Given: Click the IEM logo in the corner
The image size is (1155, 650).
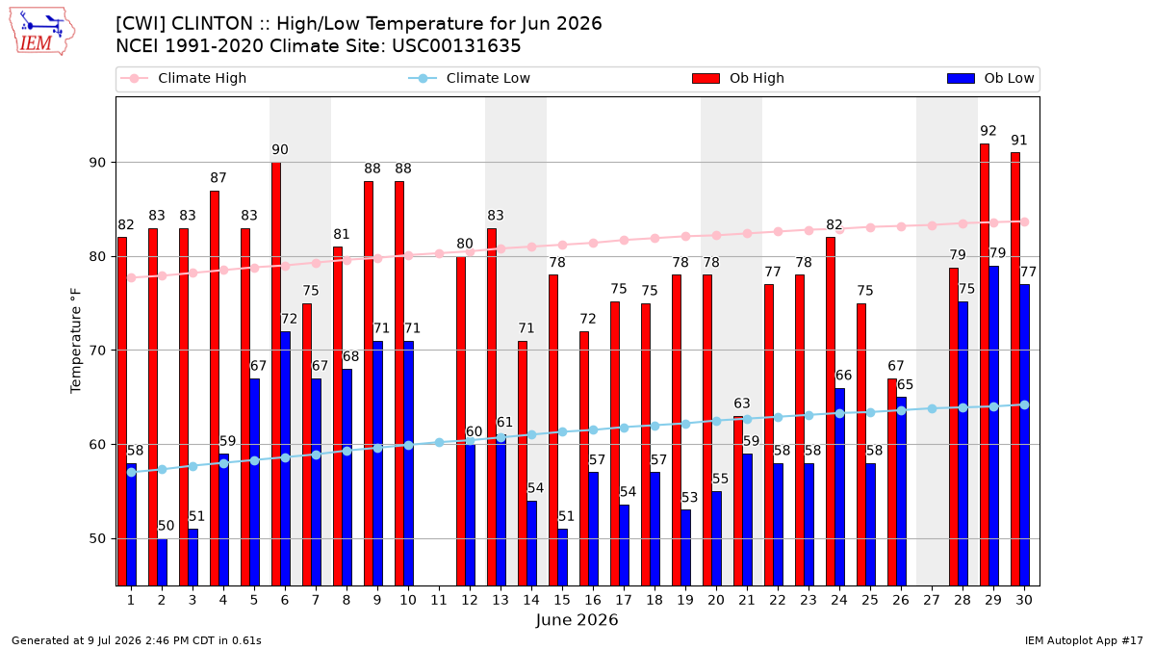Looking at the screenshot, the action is click(x=41, y=31).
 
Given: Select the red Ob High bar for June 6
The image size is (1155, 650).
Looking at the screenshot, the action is click(x=276, y=374).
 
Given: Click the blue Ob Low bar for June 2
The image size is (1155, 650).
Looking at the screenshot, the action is click(x=162, y=562).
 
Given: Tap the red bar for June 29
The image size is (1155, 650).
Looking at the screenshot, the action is click(x=985, y=365).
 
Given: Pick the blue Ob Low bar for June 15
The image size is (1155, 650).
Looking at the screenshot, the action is click(x=562, y=558).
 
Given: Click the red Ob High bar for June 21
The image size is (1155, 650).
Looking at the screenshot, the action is click(x=738, y=501).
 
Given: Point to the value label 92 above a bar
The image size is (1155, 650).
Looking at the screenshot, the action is click(x=988, y=131).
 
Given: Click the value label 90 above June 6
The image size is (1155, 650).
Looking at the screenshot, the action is click(x=280, y=149).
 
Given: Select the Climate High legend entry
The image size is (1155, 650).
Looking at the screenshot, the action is click(x=183, y=78).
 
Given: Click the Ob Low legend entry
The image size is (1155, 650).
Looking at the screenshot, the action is click(x=990, y=78).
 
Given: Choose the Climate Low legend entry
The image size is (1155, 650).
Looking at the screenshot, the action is click(x=470, y=78).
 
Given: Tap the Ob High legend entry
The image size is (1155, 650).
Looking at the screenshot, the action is click(x=738, y=78).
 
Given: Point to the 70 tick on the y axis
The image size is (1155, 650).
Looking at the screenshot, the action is click(x=97, y=351).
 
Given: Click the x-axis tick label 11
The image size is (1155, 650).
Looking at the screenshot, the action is click(x=439, y=600).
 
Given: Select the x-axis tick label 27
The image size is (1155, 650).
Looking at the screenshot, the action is click(x=932, y=600).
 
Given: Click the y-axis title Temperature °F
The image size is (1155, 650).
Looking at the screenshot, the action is click(x=76, y=341).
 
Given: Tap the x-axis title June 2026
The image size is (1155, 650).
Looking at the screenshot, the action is click(x=577, y=619).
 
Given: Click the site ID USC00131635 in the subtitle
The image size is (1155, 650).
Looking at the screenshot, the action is click(x=456, y=46).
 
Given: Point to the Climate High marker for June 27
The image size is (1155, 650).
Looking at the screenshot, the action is click(x=932, y=225).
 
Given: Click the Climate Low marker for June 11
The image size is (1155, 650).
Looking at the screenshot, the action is click(x=439, y=442).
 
